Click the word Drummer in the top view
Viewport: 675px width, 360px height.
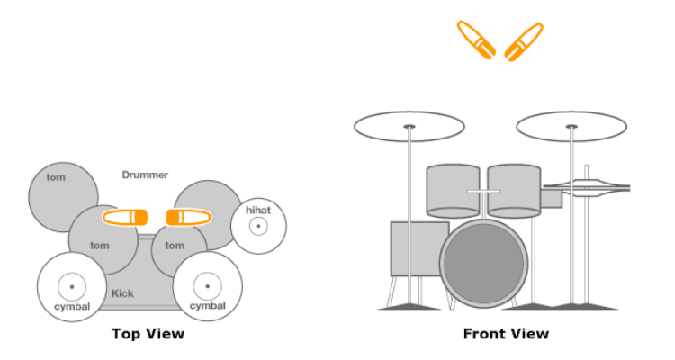pos(145,175)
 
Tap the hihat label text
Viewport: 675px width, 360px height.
pos(258,210)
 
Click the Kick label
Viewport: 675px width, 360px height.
pos(122,293)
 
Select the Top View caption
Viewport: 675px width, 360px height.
pos(148,334)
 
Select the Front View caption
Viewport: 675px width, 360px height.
pos(506,334)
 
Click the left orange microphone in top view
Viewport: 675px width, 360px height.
pos(125,218)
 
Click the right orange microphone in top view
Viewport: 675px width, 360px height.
pos(189,218)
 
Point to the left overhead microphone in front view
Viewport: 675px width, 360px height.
pos(476,40)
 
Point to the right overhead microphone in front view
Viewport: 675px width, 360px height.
pos(524,41)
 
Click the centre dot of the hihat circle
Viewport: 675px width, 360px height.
pos(258,226)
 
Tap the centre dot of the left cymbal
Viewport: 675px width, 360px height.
pos(72,287)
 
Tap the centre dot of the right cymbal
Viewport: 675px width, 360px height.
pos(208,286)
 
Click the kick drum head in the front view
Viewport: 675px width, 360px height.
pos(484,264)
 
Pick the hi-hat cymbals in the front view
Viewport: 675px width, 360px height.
pos(586,188)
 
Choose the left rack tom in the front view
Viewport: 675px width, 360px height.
pos(453,191)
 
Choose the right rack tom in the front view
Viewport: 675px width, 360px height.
pos(514,191)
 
